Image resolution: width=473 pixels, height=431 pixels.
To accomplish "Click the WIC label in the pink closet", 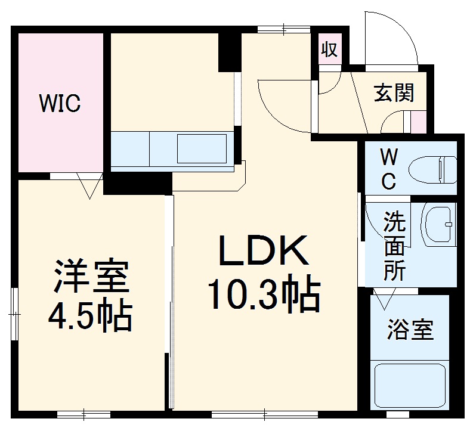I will tap(60, 103).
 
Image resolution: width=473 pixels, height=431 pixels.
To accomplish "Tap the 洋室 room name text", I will tap(89, 275).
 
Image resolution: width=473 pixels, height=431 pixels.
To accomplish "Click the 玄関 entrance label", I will tap(394, 93).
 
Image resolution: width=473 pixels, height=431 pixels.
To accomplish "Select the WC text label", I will tap(388, 169).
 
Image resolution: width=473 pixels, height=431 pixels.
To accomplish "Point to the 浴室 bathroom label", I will tap(410, 330).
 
